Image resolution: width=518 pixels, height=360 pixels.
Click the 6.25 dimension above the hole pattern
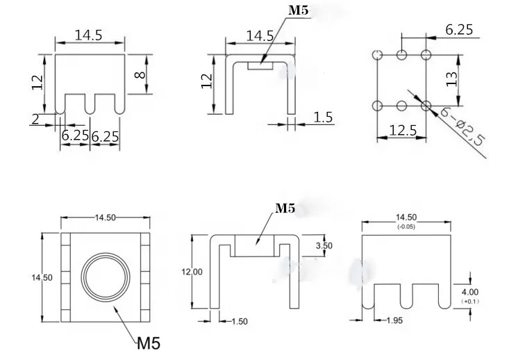click(459, 29)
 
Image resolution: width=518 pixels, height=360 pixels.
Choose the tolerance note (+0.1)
click(469, 302)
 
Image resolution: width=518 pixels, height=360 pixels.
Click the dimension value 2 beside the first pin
click(34, 118)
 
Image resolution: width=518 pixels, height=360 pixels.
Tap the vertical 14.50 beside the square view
click(42, 276)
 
